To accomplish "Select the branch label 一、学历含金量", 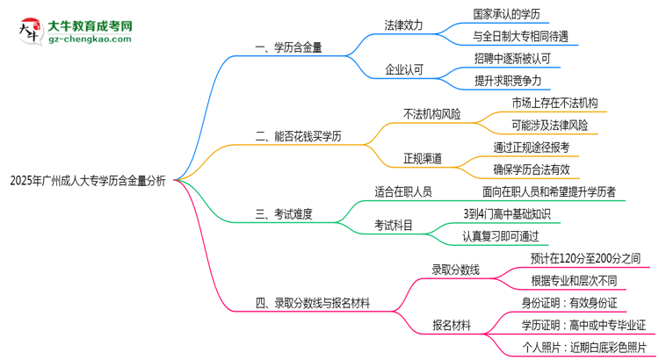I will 288,48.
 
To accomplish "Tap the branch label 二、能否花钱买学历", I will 298,136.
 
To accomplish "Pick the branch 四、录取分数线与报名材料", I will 312,304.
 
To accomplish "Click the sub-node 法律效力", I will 403,25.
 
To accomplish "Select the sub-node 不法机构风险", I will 431,114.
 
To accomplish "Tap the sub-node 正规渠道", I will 422,158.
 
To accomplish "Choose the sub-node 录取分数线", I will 455,270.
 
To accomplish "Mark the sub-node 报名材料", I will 451,325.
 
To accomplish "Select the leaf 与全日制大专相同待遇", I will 520,37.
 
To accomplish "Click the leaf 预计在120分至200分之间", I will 585,258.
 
